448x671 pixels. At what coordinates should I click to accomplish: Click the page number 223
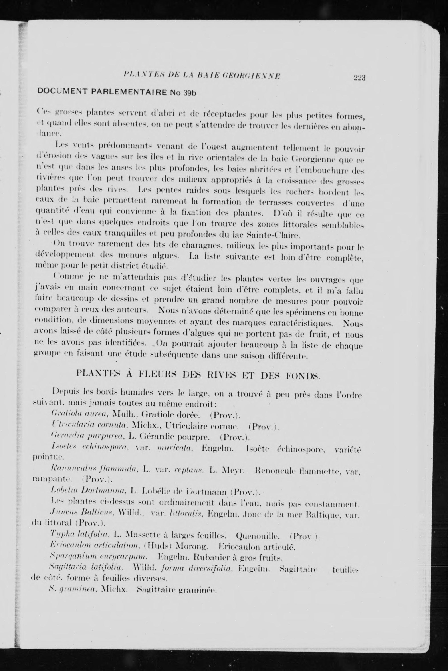[x=360, y=77]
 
